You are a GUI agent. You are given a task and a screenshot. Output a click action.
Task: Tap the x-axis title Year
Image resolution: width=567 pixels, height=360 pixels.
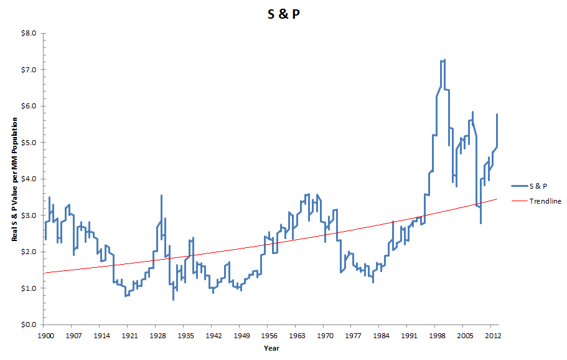click(x=271, y=348)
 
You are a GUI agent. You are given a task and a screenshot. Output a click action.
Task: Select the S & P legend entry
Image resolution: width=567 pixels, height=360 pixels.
click(x=538, y=186)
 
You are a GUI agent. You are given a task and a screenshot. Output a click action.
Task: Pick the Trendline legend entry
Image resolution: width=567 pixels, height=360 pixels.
click(x=545, y=201)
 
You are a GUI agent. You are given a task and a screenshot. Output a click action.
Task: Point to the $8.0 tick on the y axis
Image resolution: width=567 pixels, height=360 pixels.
click(x=29, y=33)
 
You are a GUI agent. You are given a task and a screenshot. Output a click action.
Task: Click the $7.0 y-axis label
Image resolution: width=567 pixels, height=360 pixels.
click(x=29, y=69)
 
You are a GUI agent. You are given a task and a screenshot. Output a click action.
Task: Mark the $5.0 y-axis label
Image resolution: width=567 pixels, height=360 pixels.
click(x=29, y=143)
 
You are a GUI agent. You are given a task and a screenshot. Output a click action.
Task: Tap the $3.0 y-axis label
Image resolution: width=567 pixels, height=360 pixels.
click(x=29, y=216)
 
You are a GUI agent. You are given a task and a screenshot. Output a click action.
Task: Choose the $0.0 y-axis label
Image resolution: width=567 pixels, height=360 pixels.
click(x=29, y=325)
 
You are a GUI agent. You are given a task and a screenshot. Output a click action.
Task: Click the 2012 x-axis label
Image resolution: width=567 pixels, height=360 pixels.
click(x=490, y=334)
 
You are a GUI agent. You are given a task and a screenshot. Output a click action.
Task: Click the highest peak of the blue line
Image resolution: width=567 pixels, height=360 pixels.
click(x=443, y=60)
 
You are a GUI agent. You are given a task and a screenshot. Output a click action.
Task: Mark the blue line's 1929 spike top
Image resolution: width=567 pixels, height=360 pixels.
click(x=161, y=196)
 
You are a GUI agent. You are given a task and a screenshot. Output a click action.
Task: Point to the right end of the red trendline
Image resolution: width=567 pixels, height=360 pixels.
click(x=497, y=199)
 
